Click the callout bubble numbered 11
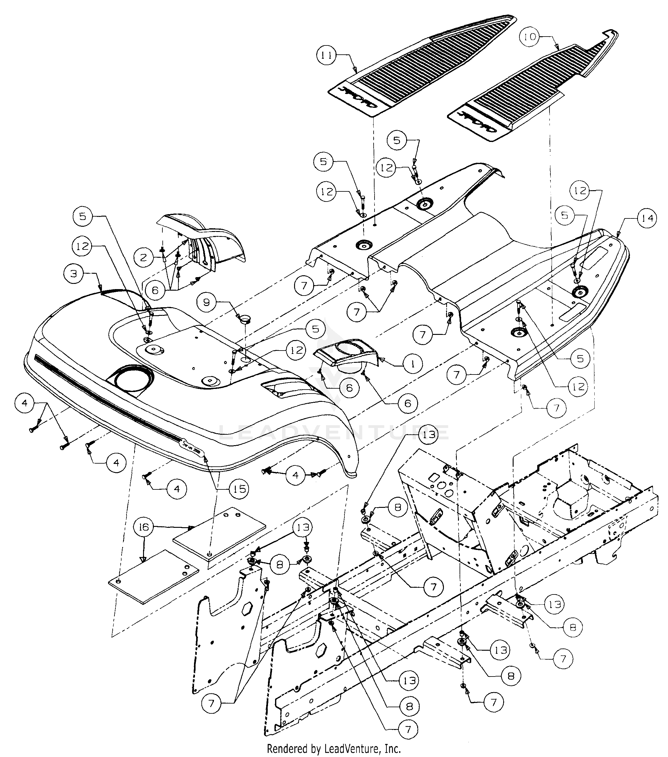coord(326,56)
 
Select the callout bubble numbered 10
coord(530,37)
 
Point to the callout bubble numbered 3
coord(74,274)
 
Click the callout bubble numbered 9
coord(207,303)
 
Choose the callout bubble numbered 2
coord(144,257)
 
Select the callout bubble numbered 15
coord(239,489)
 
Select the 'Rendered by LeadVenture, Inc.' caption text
coord(334,749)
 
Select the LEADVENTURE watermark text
coord(333,433)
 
